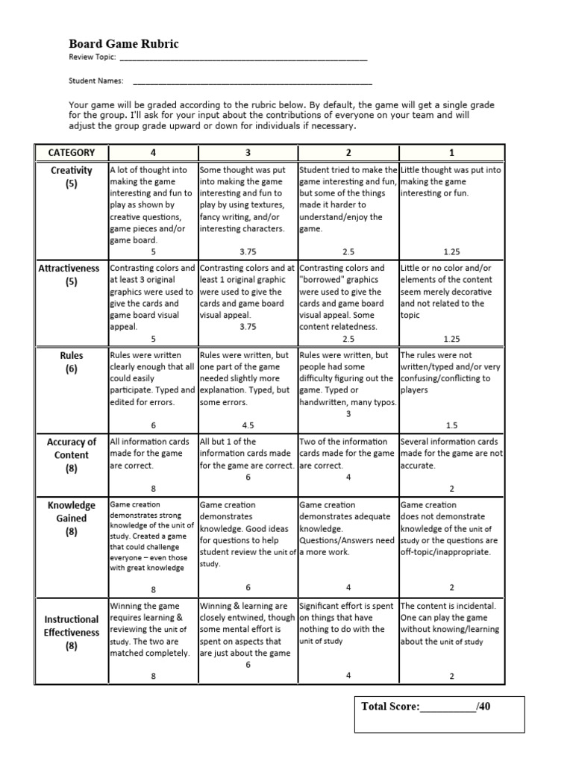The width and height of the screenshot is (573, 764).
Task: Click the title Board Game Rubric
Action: coord(124,44)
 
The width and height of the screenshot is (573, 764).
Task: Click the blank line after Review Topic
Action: coord(243,57)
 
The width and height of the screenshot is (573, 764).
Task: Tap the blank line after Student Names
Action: coord(251,82)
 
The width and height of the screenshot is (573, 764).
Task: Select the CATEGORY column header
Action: coord(72,152)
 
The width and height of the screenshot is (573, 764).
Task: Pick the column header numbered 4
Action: coord(153,152)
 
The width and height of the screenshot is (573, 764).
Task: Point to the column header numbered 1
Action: coord(451,152)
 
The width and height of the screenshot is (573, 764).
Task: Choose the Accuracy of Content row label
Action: coord(72,455)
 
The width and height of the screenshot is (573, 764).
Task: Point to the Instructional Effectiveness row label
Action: coord(72,632)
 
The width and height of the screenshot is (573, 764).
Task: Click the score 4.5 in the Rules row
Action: coord(248,425)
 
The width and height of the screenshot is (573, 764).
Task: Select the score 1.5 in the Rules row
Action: coord(451,425)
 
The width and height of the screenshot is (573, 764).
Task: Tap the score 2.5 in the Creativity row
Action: coord(348,252)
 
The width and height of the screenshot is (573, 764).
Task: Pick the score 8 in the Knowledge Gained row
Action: coord(153,588)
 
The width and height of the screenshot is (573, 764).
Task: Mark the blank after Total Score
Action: coord(448,707)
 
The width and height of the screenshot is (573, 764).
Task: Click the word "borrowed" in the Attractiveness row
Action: coord(322,280)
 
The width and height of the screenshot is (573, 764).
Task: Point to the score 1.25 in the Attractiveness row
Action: coord(451,339)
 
